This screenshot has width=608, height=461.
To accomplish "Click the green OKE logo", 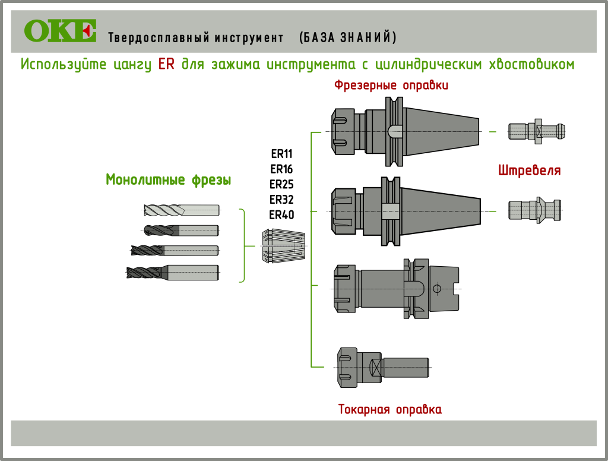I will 60,31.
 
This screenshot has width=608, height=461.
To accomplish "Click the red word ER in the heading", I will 166,64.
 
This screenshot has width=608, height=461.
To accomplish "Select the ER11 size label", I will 281,153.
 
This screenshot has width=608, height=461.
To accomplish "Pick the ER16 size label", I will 281,169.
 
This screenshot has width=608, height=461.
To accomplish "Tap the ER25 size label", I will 281,184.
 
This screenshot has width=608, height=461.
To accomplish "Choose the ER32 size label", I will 281,199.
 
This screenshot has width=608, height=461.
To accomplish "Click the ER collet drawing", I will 283,246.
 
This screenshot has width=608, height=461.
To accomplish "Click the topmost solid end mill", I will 182,210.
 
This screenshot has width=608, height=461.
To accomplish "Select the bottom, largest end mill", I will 173,273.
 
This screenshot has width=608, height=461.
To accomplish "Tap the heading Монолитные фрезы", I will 168,179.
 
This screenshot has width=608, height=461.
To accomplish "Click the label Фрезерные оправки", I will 391,86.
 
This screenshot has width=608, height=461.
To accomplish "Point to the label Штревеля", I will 529,171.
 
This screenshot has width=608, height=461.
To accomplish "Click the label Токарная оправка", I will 390,409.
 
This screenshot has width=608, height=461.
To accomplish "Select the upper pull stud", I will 537,130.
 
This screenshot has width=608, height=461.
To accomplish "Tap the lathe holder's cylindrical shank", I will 406,368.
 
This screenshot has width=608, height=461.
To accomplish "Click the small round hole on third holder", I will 437,289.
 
